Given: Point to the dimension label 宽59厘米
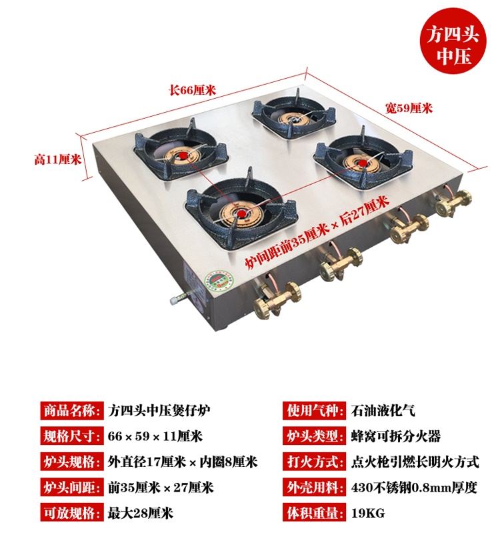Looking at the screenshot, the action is tap(409, 107).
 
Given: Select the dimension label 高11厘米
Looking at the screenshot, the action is tap(57, 159).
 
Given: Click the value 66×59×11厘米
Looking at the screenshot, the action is tap(155, 437).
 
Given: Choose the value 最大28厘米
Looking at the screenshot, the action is tap(140, 513).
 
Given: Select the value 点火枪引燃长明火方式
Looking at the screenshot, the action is tap(414, 462).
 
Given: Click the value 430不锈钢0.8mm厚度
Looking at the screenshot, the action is tap(413, 488).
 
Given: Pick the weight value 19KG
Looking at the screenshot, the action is tap(367, 513).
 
